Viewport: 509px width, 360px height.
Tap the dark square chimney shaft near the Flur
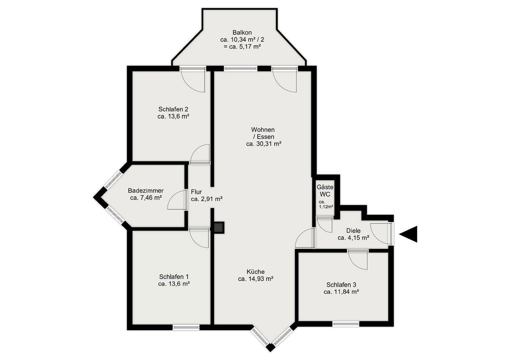pyautogui.click(x=219, y=227)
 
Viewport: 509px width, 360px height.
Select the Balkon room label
pyautogui.click(x=242, y=32)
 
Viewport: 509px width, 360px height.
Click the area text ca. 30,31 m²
pyautogui.click(x=264, y=144)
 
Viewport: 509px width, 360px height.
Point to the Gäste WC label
pyautogui.click(x=325, y=191)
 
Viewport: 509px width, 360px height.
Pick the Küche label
pyautogui.click(x=256, y=272)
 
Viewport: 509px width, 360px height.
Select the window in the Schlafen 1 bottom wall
pyautogui.click(x=186, y=327)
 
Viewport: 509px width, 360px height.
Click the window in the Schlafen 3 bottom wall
pyautogui.click(x=346, y=324)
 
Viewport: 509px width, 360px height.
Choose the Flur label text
pyautogui.click(x=196, y=192)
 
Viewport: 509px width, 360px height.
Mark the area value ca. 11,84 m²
pyautogui.click(x=341, y=292)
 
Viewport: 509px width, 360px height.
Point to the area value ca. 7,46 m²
pyautogui.click(x=146, y=198)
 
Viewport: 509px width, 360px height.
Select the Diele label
pyautogui.click(x=353, y=231)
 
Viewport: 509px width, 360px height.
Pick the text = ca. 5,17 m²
pyautogui.click(x=242, y=47)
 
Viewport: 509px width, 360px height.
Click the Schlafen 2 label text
pyautogui.click(x=173, y=109)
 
